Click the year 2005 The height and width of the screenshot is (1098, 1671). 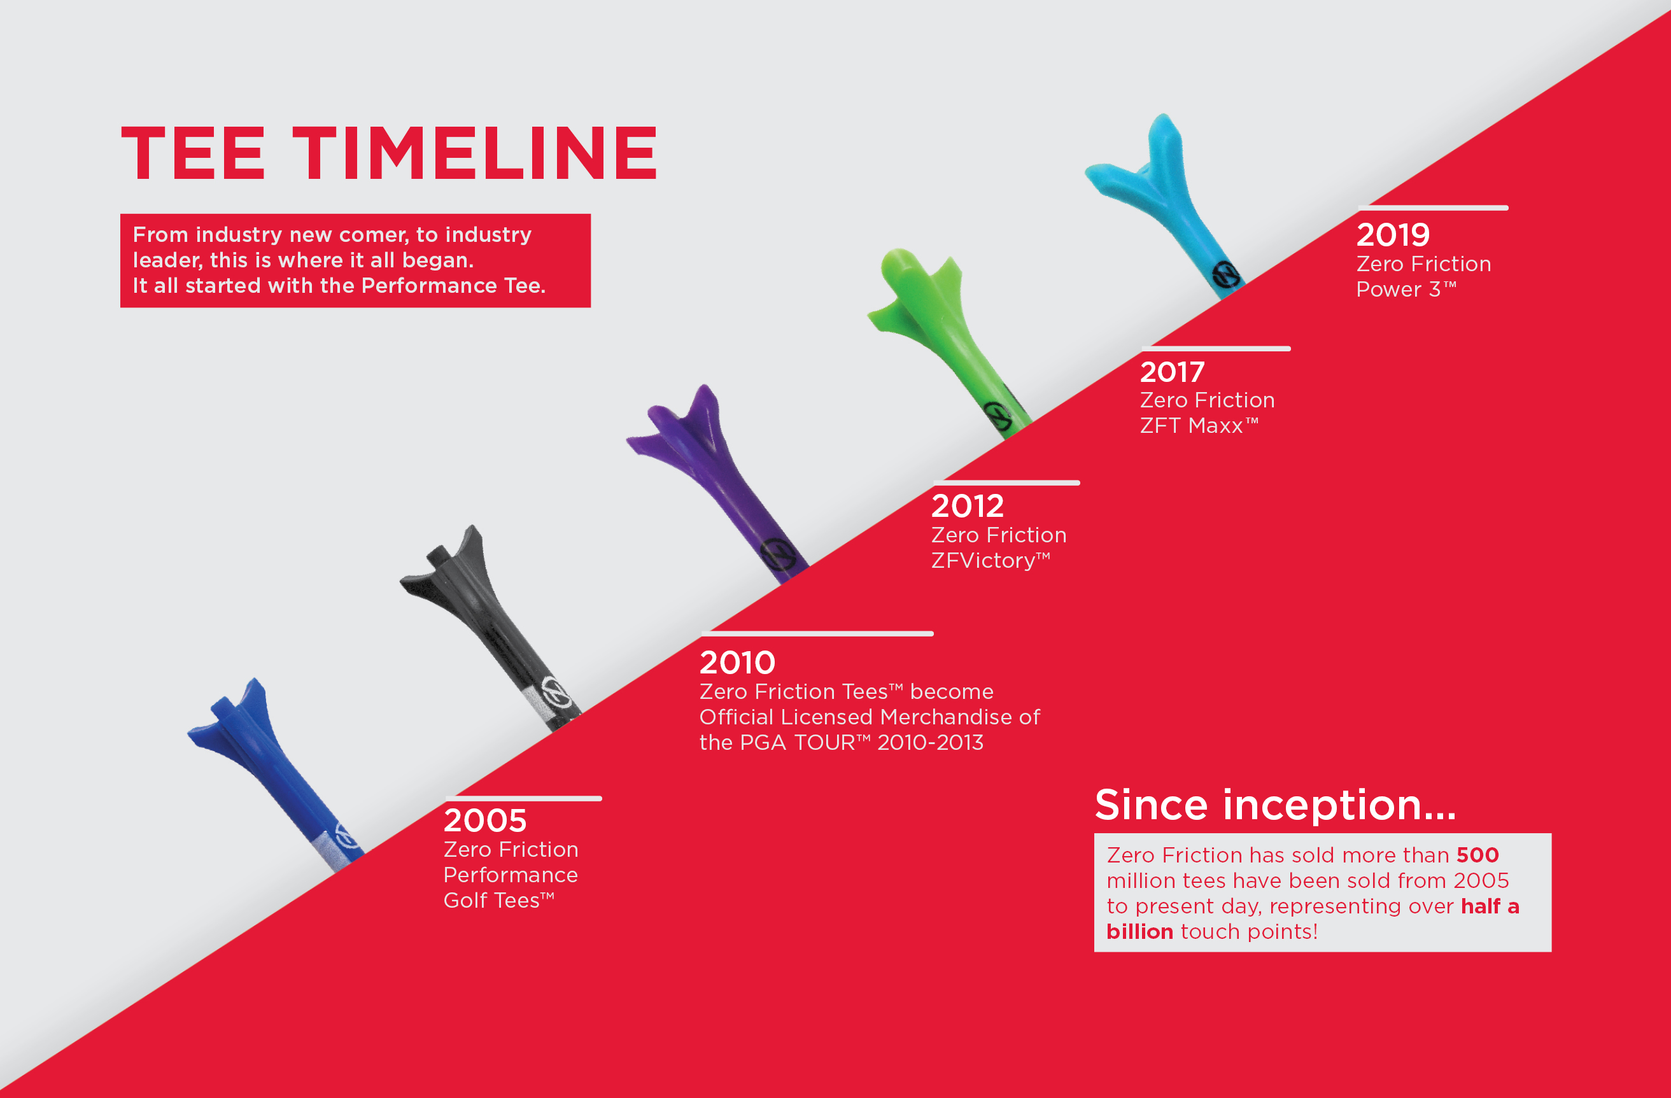pos(485,820)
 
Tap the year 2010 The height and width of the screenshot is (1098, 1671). pos(737,662)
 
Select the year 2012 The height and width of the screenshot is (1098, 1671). pos(968,505)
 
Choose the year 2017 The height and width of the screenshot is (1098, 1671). pos(1173,371)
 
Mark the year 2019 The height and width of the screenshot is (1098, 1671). pos(1393,234)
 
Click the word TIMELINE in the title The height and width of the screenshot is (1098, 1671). pos(476,153)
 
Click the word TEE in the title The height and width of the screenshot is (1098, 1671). pos(193,153)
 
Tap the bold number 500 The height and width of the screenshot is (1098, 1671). pos(1478,855)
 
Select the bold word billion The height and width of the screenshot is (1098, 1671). pos(1139,932)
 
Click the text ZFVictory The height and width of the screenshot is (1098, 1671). pos(991,560)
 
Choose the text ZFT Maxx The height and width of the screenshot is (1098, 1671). pos(1199,425)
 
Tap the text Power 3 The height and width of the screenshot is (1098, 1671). pos(1406,289)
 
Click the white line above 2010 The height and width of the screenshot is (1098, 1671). pos(817,634)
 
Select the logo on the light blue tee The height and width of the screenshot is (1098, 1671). pos(1227,274)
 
